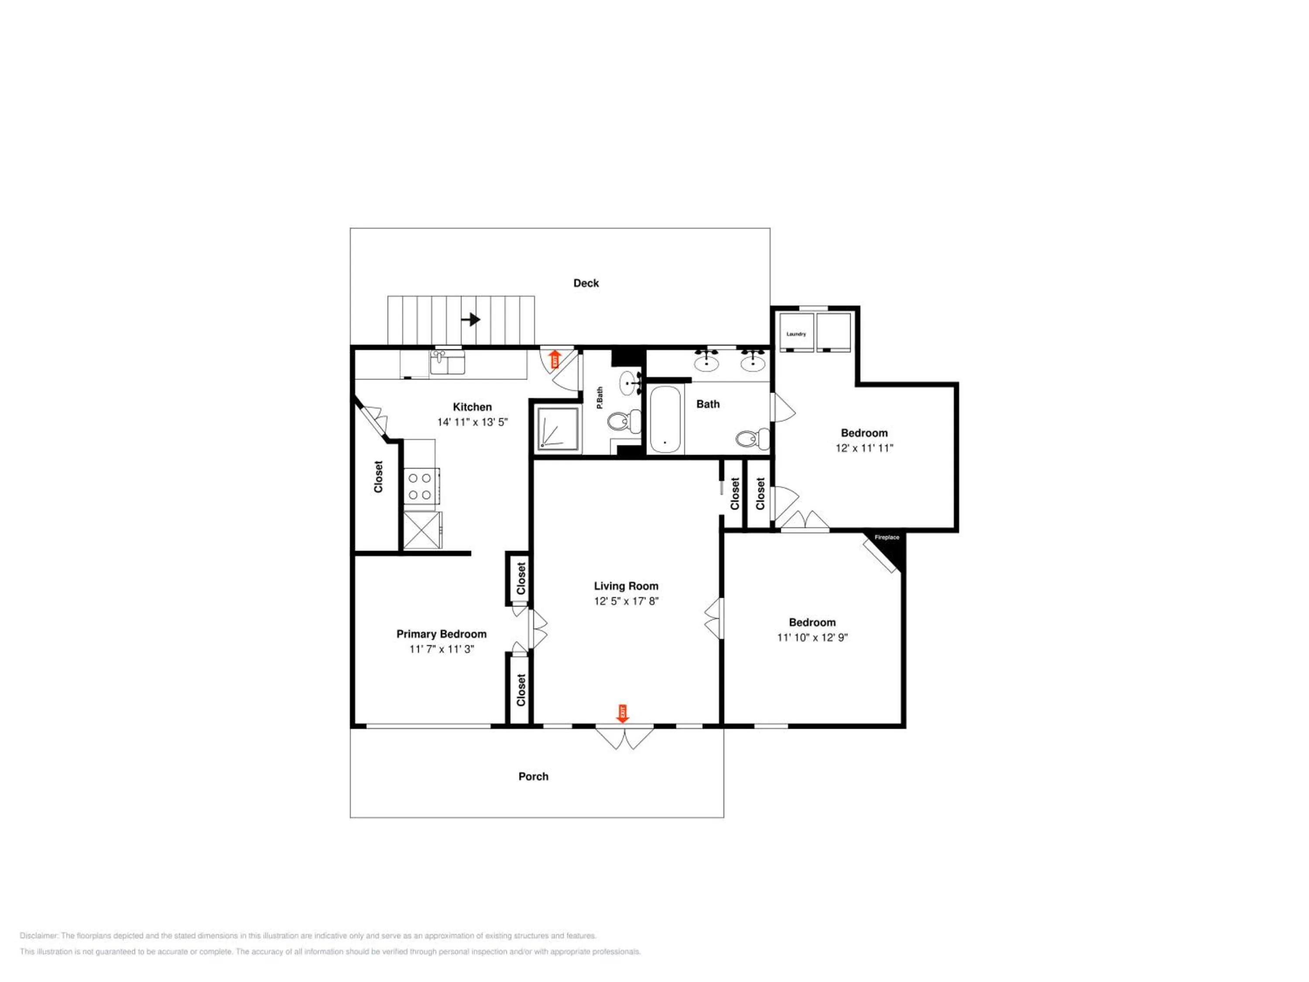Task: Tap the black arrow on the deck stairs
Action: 471,319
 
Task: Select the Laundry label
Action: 796,334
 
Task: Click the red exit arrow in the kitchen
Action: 555,359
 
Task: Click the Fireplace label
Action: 887,537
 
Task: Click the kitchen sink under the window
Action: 447,362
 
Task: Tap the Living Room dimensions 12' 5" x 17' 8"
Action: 626,601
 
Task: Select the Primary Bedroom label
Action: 442,634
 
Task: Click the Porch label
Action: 533,776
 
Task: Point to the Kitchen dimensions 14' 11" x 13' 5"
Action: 472,422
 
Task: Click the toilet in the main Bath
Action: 753,438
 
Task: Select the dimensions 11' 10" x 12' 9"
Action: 812,638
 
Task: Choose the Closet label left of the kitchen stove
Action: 378,477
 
